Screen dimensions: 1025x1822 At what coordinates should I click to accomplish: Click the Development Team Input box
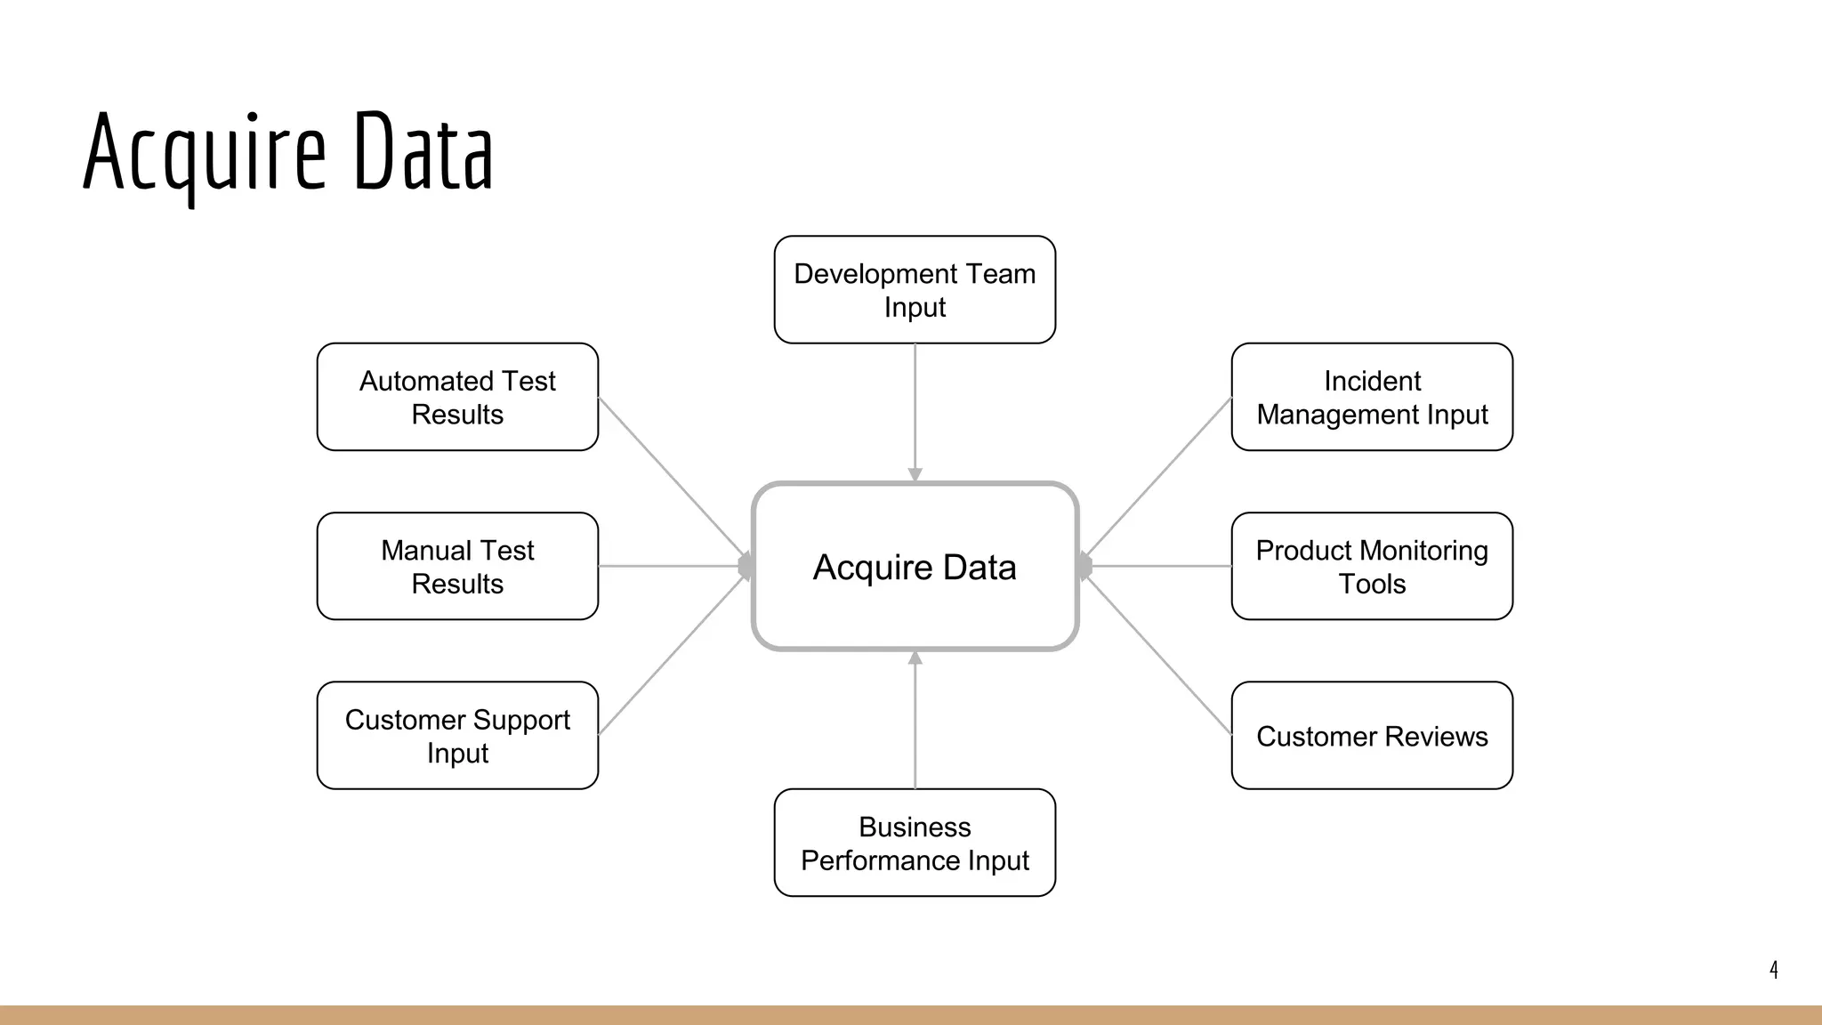coord(915,289)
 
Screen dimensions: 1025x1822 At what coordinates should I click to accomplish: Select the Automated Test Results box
coord(457,397)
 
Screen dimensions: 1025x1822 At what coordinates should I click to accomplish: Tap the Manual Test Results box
coord(457,566)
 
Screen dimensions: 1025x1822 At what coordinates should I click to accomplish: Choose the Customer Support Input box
coord(457,735)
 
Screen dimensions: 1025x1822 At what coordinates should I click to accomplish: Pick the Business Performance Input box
coord(915,842)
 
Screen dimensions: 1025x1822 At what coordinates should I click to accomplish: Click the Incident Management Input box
coord(1372,397)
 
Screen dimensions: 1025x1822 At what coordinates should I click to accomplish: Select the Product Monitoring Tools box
coord(1372,566)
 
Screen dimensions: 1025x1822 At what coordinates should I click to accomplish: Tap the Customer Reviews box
coord(1372,735)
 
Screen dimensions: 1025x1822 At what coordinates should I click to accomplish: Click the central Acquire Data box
coord(915,566)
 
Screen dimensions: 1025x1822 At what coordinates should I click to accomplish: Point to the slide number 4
coord(1773,969)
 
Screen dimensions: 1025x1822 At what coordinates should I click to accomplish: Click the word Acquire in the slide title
coord(205,153)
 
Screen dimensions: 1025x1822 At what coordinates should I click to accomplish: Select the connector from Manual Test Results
coord(672,566)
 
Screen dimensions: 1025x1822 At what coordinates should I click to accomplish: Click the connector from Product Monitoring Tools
coord(1158,566)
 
